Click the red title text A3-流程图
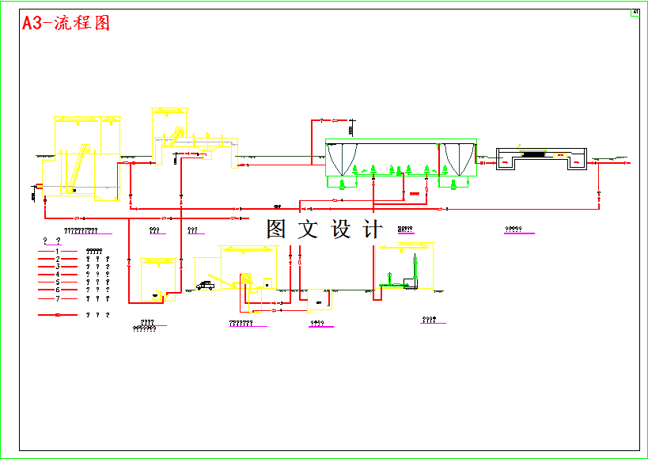tap(66, 23)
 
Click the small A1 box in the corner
tap(635, 13)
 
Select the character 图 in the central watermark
tap(276, 229)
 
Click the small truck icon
tap(205, 286)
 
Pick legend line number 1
tap(58, 251)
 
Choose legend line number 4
tap(58, 275)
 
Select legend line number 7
tap(58, 299)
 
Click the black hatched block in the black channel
tap(532, 154)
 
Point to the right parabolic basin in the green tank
tap(458, 158)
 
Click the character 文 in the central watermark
tap(308, 229)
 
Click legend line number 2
tap(58, 259)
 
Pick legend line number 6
tap(58, 290)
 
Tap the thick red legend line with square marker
tap(58, 315)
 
